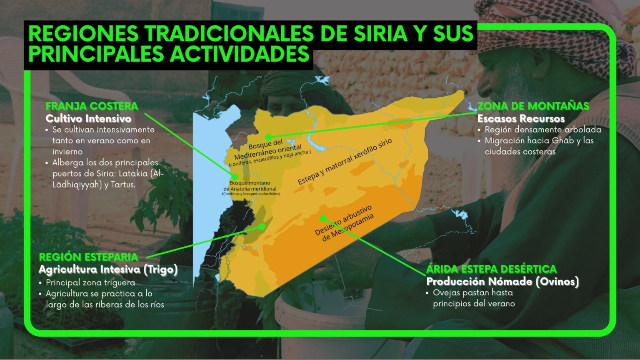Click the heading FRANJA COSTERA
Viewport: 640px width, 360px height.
(92, 106)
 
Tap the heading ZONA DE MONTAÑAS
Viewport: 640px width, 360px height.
(533, 106)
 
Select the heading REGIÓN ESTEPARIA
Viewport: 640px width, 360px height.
(88, 257)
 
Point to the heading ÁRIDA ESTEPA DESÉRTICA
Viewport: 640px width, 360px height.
(491, 269)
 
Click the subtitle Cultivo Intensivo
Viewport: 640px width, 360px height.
(88, 119)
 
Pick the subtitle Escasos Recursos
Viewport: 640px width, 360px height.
(521, 119)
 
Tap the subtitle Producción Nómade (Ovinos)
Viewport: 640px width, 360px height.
(502, 282)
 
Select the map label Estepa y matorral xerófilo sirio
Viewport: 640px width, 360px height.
(345, 162)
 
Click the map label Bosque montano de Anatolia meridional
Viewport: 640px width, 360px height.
(250, 186)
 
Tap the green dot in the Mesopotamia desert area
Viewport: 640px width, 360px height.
(323, 218)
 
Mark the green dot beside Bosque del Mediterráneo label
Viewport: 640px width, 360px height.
(269, 137)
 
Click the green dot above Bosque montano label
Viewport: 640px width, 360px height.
(235, 177)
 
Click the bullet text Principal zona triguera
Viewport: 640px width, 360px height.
(90, 282)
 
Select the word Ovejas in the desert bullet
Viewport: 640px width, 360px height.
(446, 292)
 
